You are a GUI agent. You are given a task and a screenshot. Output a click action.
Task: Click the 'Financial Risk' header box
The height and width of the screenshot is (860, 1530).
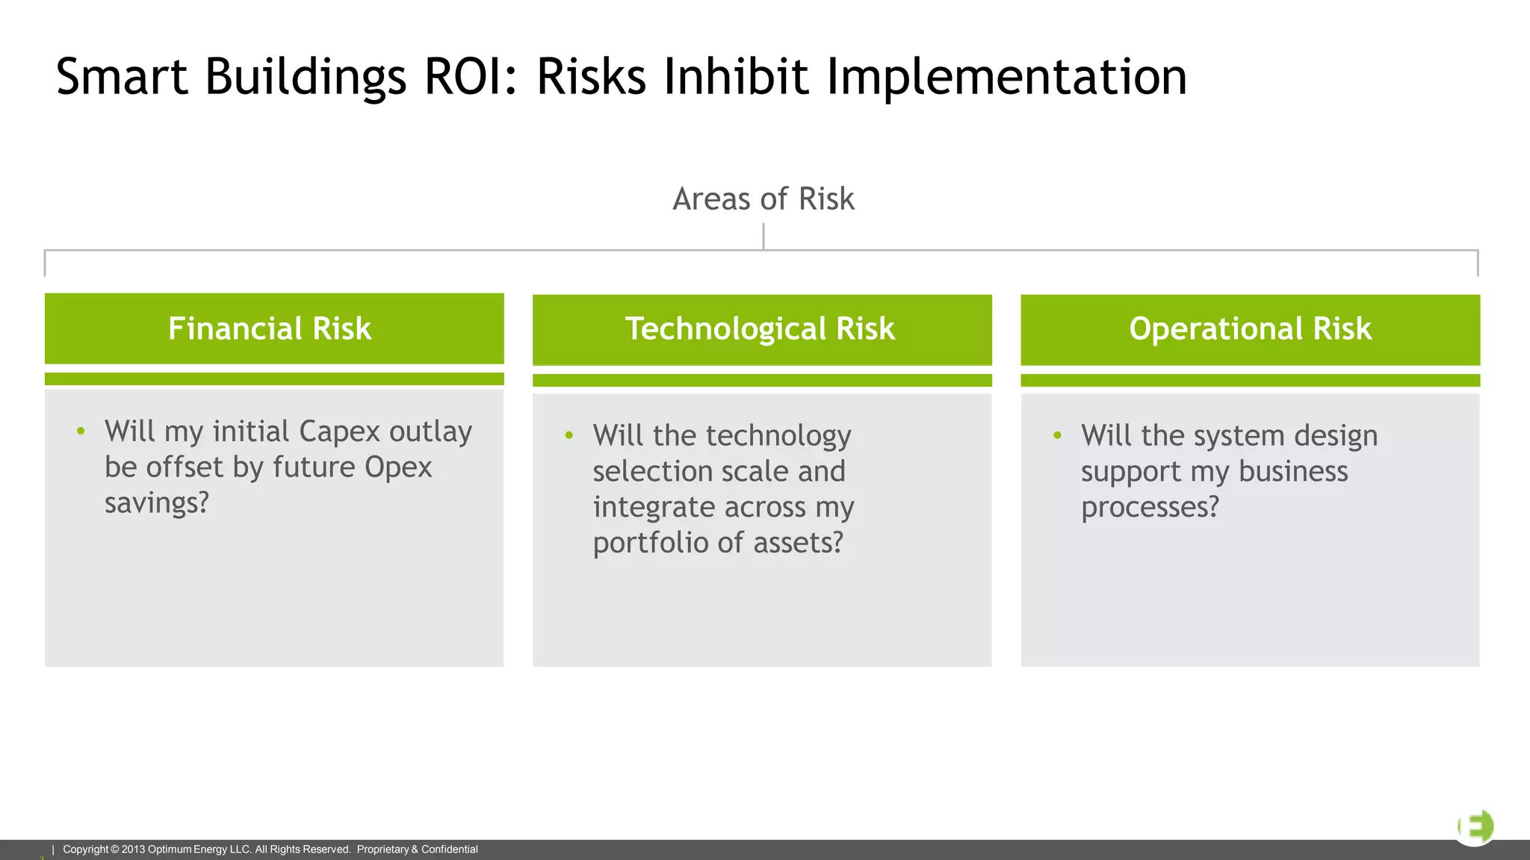tap(274, 328)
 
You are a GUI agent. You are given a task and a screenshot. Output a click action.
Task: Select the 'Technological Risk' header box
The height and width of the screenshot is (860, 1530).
tap(762, 330)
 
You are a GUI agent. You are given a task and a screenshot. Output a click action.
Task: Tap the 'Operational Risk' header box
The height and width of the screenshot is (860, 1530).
tap(1251, 330)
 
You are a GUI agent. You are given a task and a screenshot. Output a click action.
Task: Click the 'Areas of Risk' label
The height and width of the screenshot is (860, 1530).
tap(764, 199)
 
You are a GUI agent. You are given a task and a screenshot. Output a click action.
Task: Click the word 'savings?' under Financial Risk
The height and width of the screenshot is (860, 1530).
tap(157, 504)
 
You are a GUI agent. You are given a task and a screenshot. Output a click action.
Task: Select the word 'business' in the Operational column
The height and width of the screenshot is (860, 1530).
tap(1293, 471)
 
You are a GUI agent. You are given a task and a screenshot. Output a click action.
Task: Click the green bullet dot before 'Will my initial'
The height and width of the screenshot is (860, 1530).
tap(81, 431)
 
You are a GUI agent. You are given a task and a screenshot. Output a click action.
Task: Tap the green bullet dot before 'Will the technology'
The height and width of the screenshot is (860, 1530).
tap(569, 434)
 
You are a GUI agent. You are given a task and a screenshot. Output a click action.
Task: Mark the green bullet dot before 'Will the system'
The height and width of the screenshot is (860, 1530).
tap(1057, 434)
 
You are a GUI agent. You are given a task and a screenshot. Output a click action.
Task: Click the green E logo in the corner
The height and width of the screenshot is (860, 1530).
tap(1475, 827)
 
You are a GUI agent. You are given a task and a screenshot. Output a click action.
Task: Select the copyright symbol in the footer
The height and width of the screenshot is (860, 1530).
tap(114, 850)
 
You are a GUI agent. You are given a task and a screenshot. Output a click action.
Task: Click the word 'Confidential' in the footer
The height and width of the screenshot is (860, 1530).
tap(450, 850)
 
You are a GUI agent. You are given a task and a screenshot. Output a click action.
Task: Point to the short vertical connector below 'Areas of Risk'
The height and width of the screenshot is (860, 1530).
tap(764, 236)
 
